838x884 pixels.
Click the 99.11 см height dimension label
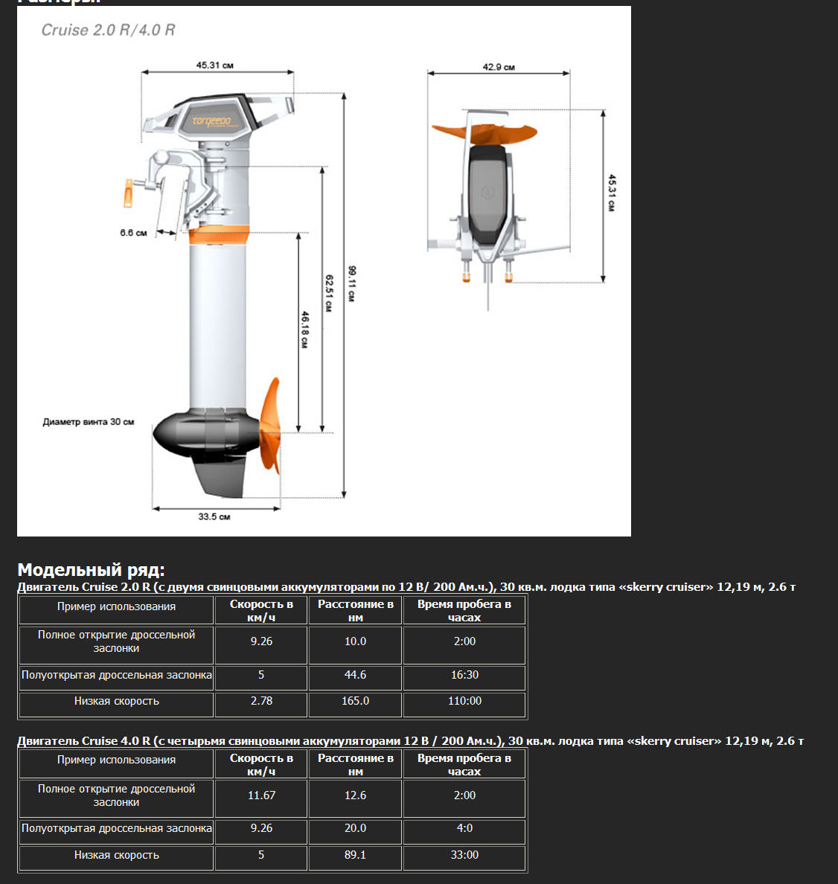(x=351, y=284)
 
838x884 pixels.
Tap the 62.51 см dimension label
(x=328, y=292)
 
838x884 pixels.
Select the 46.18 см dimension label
(x=304, y=330)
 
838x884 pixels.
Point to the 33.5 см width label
(x=214, y=516)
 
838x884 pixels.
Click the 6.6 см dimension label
(x=133, y=233)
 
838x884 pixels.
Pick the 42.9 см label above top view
(x=499, y=67)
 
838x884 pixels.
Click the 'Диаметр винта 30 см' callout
(x=89, y=422)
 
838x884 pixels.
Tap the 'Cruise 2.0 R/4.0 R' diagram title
(x=108, y=31)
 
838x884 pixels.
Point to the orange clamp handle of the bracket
(x=129, y=193)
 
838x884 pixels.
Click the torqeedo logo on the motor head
(x=212, y=121)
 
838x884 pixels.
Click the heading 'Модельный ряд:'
(x=91, y=570)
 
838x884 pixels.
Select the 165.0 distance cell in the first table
(x=355, y=701)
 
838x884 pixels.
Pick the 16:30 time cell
(x=464, y=675)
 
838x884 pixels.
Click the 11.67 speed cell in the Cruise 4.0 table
(x=261, y=795)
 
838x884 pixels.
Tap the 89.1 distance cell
(x=355, y=855)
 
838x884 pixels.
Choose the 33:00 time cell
(x=464, y=855)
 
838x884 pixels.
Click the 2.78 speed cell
(x=261, y=701)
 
